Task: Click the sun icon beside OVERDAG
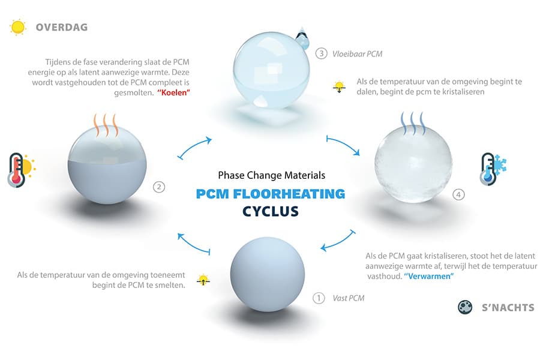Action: [x=18, y=27]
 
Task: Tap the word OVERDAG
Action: [x=62, y=27]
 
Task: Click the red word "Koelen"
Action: [x=173, y=92]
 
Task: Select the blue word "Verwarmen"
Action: [x=429, y=276]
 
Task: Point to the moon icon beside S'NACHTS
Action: [x=465, y=307]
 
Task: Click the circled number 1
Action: [x=319, y=298]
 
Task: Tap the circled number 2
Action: [x=159, y=187]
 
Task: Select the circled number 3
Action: [x=322, y=53]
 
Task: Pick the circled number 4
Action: [x=458, y=194]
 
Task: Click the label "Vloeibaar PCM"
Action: [x=357, y=54]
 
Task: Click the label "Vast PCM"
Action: [x=348, y=298]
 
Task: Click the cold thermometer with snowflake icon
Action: [x=493, y=169]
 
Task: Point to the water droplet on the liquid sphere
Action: [x=302, y=38]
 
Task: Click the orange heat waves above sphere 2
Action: [x=106, y=125]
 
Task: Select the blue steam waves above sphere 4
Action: [x=413, y=124]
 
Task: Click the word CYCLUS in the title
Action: [x=271, y=211]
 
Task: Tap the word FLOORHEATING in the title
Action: [x=289, y=194]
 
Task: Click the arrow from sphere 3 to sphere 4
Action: [x=343, y=143]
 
